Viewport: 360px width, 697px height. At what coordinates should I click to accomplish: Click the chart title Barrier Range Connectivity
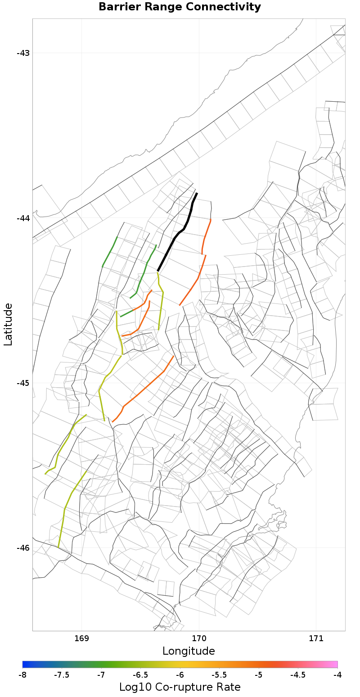[x=180, y=7]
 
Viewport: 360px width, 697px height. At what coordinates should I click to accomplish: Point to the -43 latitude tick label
[x=23, y=53]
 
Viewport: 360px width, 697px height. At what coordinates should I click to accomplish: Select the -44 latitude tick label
[x=23, y=218]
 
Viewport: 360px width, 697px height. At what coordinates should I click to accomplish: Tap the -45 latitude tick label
[x=23, y=383]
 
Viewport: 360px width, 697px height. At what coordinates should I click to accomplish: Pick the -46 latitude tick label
[x=23, y=548]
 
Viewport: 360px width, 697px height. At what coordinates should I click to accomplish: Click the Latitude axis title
[x=8, y=324]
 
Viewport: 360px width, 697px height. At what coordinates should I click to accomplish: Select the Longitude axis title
[x=189, y=651]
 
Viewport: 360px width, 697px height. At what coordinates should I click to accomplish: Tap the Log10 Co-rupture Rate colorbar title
[x=180, y=687]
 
